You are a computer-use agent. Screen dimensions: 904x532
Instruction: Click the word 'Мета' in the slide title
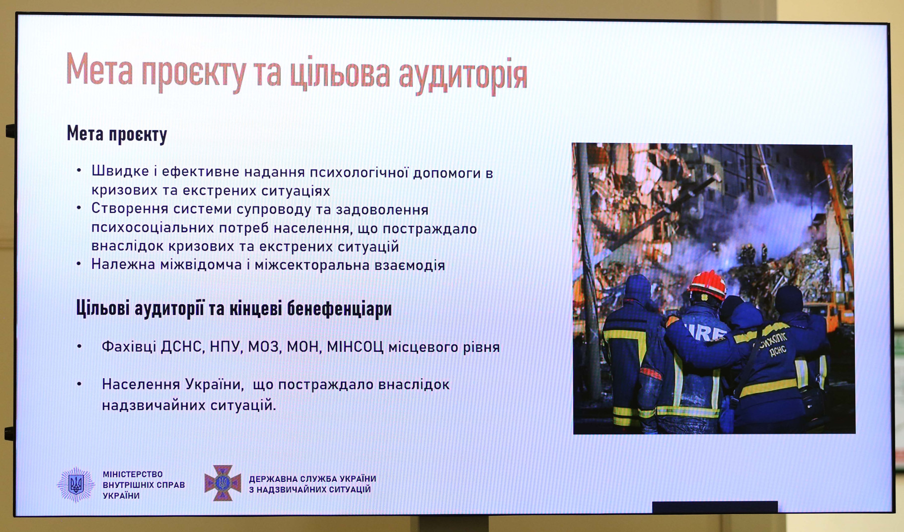coord(99,69)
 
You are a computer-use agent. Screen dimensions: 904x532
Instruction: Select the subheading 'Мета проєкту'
coord(117,134)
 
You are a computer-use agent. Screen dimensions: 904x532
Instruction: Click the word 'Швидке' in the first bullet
coord(120,172)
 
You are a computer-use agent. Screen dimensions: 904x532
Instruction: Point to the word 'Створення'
coord(130,209)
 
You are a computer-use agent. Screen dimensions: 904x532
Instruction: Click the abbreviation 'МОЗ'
coord(263,346)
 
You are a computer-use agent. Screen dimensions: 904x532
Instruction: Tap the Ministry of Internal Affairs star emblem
coord(75,484)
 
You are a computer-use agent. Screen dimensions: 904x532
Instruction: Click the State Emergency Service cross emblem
coord(223,483)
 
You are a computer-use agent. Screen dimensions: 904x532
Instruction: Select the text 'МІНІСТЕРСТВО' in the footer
coord(133,474)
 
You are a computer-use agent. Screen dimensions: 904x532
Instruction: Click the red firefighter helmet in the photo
coord(707,284)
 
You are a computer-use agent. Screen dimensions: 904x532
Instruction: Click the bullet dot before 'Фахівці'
coord(79,346)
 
